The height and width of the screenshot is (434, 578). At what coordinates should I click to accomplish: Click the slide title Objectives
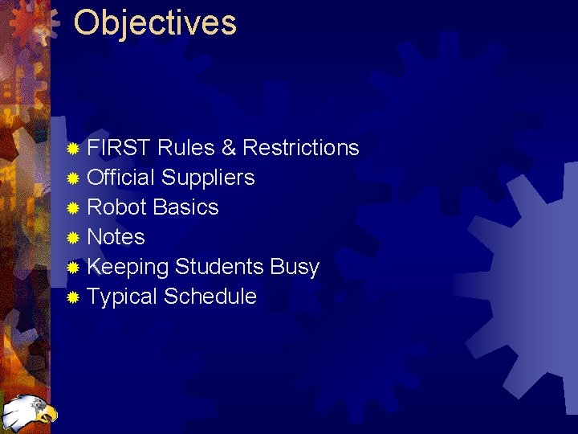click(x=155, y=24)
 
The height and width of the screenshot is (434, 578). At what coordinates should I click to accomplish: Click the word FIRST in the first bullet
click(x=120, y=148)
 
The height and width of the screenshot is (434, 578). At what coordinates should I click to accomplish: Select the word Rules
click(x=186, y=148)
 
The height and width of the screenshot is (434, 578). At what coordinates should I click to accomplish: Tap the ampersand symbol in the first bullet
click(x=229, y=148)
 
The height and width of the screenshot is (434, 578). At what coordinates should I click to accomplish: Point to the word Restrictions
click(x=300, y=148)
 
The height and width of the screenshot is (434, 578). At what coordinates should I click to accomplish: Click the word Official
click(x=121, y=178)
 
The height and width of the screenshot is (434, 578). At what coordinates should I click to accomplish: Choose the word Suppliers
click(x=208, y=178)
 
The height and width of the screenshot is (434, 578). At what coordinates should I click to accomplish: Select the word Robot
click(x=116, y=207)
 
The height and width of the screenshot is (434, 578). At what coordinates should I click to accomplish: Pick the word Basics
click(x=185, y=207)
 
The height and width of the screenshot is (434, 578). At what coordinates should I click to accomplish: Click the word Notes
click(x=116, y=237)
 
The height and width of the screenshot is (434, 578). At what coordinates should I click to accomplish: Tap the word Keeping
click(x=128, y=268)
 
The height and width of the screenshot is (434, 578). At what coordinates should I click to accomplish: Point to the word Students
click(x=219, y=267)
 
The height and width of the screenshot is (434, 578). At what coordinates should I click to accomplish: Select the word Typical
click(x=122, y=297)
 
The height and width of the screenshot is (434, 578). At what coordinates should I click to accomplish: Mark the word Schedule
click(x=210, y=297)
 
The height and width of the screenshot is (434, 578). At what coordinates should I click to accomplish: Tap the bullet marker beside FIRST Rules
click(x=73, y=149)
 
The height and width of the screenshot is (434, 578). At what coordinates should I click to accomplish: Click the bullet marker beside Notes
click(x=73, y=238)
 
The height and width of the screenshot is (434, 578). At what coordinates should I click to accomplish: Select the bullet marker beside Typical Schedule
click(x=73, y=297)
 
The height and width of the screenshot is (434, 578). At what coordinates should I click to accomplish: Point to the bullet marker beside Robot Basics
click(x=73, y=208)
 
